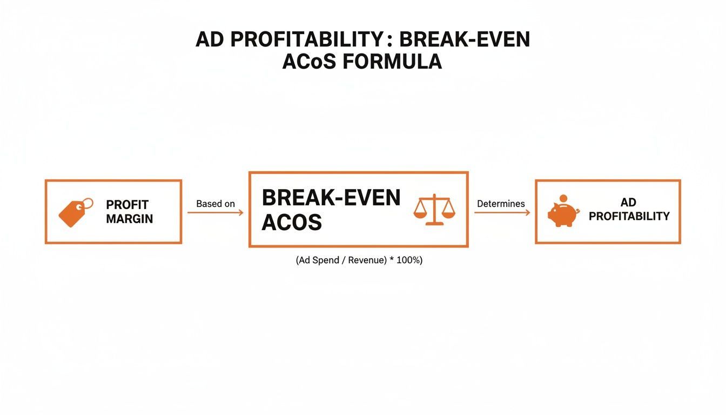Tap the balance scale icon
[x=434, y=210]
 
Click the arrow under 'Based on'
[x=215, y=212]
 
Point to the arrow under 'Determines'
[x=502, y=212]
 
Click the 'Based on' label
[x=216, y=204]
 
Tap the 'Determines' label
[x=501, y=204]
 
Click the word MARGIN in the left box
[x=129, y=219]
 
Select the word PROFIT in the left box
[x=127, y=205]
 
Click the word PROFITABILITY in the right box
[x=629, y=216]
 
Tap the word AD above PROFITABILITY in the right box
[x=628, y=202]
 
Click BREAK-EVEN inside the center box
[x=331, y=197]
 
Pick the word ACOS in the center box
[x=292, y=222]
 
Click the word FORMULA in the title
[x=392, y=61]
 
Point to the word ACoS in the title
[x=309, y=61]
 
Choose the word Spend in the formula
[x=326, y=260]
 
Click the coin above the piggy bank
[x=563, y=198]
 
